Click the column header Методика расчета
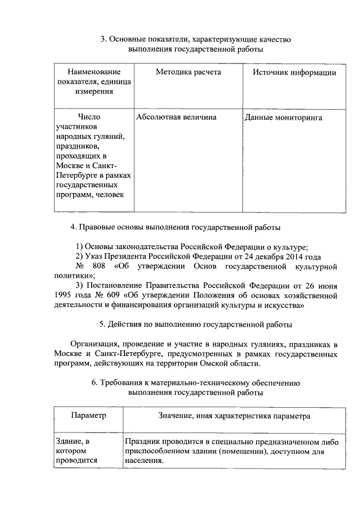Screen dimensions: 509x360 pos(188,73)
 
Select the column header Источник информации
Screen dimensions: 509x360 pos(294,73)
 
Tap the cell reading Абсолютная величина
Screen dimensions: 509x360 pos(176,118)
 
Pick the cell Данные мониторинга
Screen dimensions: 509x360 pos(283,118)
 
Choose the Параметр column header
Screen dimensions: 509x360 pos(88,417)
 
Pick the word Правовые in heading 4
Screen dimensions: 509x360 pos(96,227)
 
